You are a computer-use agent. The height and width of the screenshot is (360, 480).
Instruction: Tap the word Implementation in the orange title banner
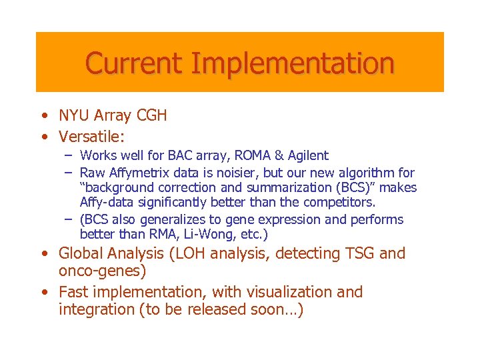292,63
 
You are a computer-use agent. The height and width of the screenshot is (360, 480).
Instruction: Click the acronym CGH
152,115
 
